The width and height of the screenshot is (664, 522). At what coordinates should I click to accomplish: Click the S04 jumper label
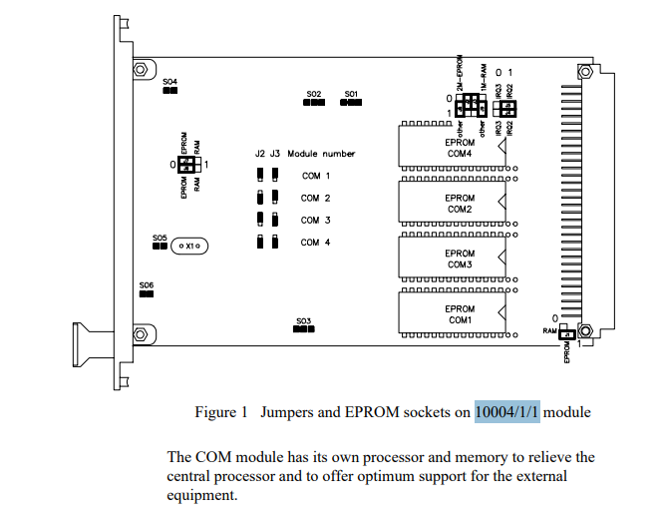click(x=169, y=81)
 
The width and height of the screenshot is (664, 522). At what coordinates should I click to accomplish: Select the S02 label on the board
click(x=314, y=94)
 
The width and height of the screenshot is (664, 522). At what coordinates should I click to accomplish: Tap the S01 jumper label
click(x=351, y=94)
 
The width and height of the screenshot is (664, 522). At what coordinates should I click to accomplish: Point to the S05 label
click(x=160, y=238)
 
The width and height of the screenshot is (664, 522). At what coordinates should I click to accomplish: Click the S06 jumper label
click(x=147, y=284)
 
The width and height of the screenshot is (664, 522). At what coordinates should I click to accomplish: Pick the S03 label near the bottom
click(x=303, y=321)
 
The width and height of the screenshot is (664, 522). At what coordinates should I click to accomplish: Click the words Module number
click(x=321, y=154)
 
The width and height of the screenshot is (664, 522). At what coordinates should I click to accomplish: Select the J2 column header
click(x=260, y=154)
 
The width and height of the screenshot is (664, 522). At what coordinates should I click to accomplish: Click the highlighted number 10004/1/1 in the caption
click(x=506, y=411)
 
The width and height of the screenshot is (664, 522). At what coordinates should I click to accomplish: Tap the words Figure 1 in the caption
click(x=221, y=411)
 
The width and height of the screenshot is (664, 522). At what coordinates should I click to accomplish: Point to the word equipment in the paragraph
click(x=202, y=494)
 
